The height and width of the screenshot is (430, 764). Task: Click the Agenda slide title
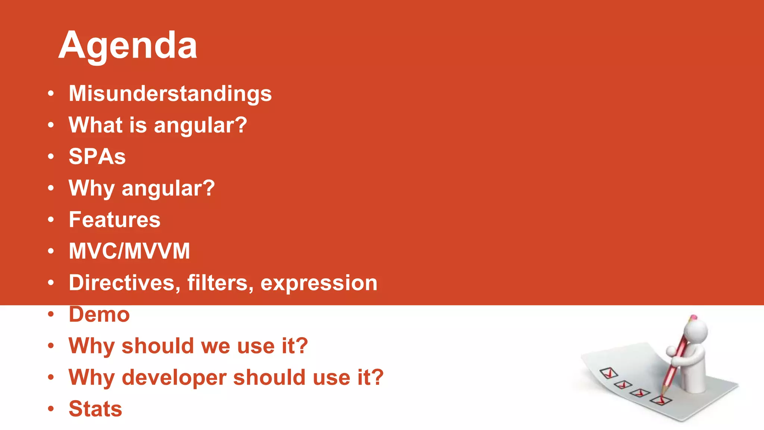tap(128, 46)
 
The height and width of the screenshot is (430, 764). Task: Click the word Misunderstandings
tap(170, 93)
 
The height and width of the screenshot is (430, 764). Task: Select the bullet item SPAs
tap(97, 156)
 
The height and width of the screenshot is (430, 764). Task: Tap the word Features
tap(115, 219)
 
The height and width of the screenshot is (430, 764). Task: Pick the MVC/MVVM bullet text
tap(129, 251)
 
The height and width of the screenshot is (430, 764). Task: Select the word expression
tap(319, 283)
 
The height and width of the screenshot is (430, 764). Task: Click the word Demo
tap(99, 314)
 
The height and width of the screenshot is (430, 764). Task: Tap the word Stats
tap(95, 409)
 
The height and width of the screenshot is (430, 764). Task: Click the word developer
tap(174, 378)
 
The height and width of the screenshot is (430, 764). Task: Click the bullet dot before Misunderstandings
tap(51, 94)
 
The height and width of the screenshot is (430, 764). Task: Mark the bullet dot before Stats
tap(51, 409)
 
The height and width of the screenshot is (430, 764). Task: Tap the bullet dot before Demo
tap(51, 315)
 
